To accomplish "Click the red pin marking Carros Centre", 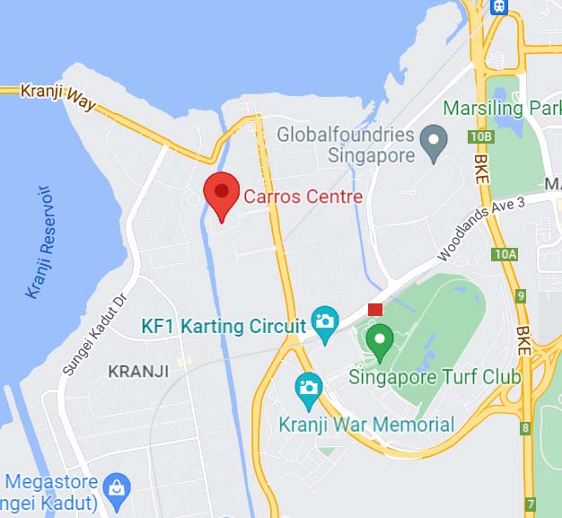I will [x=221, y=193].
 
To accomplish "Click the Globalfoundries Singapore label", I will [x=346, y=145].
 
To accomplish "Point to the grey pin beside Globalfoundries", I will [x=435, y=144].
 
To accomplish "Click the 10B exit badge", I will [x=481, y=136].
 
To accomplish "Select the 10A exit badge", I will [x=505, y=254].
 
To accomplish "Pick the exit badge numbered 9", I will [x=522, y=295].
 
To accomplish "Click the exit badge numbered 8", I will [x=525, y=428].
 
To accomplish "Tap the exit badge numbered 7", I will [x=531, y=505].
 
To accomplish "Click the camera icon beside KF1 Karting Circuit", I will [x=323, y=320].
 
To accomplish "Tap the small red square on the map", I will [x=375, y=310].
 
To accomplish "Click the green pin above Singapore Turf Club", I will [x=381, y=339].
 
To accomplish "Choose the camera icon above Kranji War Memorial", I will [x=308, y=387].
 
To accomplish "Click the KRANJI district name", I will [x=138, y=371].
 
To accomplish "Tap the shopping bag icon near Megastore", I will [x=118, y=488].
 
